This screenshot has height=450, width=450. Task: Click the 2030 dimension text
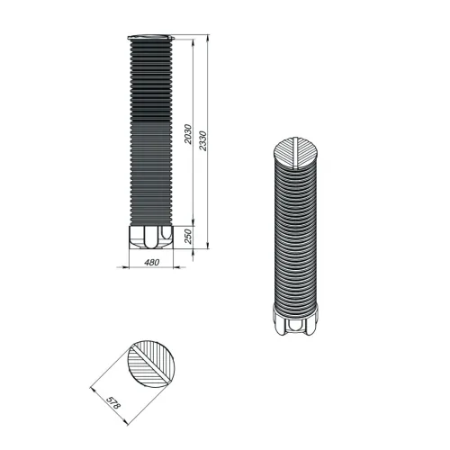point(188,134)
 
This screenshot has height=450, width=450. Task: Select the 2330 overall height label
point(203,140)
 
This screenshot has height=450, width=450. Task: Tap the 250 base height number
point(188,237)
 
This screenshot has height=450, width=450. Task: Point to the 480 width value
point(152,262)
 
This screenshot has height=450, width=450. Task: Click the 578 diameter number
point(113,403)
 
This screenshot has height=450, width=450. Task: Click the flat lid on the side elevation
point(151,37)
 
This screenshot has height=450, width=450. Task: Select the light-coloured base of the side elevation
point(151,237)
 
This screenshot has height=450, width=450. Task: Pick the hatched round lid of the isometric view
point(296,153)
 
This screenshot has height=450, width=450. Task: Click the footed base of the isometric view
point(296,320)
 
